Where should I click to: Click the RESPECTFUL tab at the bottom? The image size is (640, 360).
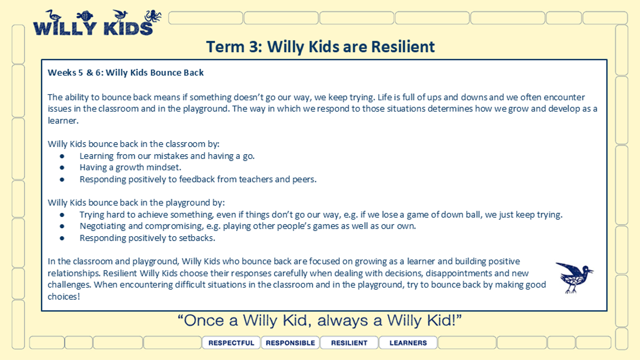click(x=231, y=342)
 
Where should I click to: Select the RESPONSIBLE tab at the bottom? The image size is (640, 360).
click(x=290, y=342)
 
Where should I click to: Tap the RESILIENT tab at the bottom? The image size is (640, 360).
click(x=349, y=342)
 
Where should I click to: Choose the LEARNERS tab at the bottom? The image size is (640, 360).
click(x=408, y=342)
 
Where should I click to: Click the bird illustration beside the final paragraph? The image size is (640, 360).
click(x=574, y=277)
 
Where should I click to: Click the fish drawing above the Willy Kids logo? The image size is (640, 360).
click(x=85, y=15)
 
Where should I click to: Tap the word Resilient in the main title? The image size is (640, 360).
click(x=403, y=46)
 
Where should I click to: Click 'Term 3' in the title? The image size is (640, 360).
click(x=234, y=46)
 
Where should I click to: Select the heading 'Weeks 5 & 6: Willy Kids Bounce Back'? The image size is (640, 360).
click(x=126, y=73)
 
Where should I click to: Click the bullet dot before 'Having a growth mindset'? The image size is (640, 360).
click(x=62, y=167)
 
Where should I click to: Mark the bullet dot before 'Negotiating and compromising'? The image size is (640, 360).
click(x=62, y=226)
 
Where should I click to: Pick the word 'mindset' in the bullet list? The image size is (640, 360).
click(x=167, y=167)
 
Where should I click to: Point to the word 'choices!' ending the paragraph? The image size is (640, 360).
click(x=63, y=297)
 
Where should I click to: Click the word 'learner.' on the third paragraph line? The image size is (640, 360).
click(x=63, y=121)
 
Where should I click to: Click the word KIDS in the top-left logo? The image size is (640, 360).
click(x=129, y=28)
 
